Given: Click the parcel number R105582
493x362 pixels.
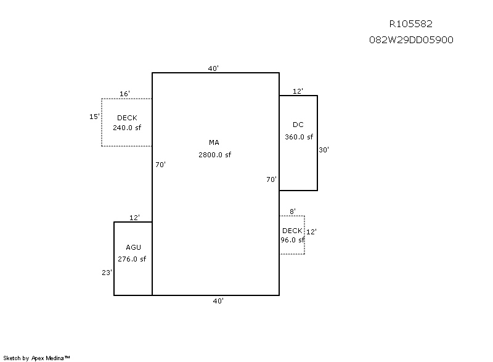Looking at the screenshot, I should pos(410,24).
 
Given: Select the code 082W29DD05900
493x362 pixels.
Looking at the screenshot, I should pos(410,39).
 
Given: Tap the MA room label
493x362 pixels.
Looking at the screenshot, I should pos(214,143).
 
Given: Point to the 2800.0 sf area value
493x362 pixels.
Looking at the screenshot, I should pos(214,155).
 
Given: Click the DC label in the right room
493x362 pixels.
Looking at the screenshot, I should pos(298,125).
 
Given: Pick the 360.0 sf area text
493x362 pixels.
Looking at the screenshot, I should pos(298,137).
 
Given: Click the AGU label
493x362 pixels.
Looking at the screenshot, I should pos(133,247).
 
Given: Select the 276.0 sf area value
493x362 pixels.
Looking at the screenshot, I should pos(132,259).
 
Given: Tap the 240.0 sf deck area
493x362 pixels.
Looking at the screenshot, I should pos(127,128).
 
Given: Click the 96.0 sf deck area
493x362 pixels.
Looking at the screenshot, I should pos(292,241).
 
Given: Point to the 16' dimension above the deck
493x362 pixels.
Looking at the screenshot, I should pos(124,94).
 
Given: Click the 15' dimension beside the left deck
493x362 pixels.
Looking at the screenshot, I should pos(94,116).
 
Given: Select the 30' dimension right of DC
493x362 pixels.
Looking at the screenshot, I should pos(324,149).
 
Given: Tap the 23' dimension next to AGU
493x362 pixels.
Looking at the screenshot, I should pos(107,271).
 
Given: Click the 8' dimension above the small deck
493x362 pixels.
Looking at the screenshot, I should pos(293,211).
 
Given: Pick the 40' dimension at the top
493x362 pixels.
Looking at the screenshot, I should pos(213,69).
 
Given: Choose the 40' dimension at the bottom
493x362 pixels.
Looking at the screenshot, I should pos(218,301).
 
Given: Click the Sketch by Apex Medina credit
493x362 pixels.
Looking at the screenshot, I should pos(37,357).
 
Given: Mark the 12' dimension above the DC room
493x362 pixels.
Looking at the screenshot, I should pos(298,91).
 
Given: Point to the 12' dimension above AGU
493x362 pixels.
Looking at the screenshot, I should pos(135,218).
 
